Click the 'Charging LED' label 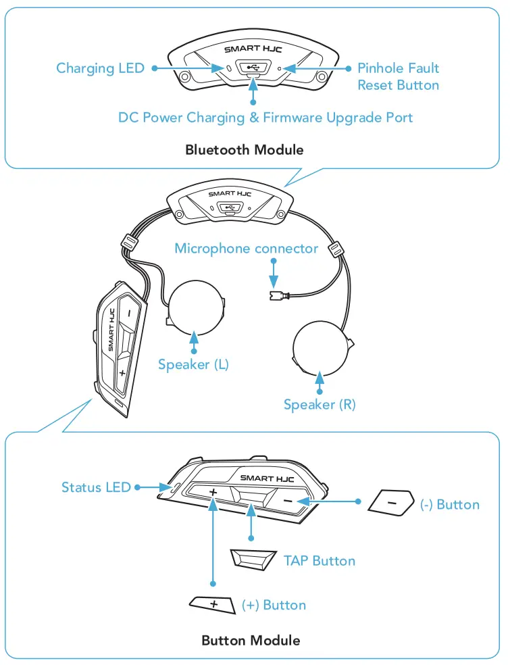coord(100,68)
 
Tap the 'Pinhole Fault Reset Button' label coord(398,76)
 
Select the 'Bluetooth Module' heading coord(244,149)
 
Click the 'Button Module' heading coord(251,640)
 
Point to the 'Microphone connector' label coord(246,249)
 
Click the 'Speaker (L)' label coord(193,365)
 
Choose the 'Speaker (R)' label coord(320,405)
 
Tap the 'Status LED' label coord(96,487)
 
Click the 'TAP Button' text coord(319,560)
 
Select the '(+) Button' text coord(274,605)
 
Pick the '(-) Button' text coord(449,505)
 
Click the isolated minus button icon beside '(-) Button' coord(391,503)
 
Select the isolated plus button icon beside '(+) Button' coord(212,603)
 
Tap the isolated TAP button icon coord(253,559)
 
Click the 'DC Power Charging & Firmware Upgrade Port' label coord(265,118)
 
